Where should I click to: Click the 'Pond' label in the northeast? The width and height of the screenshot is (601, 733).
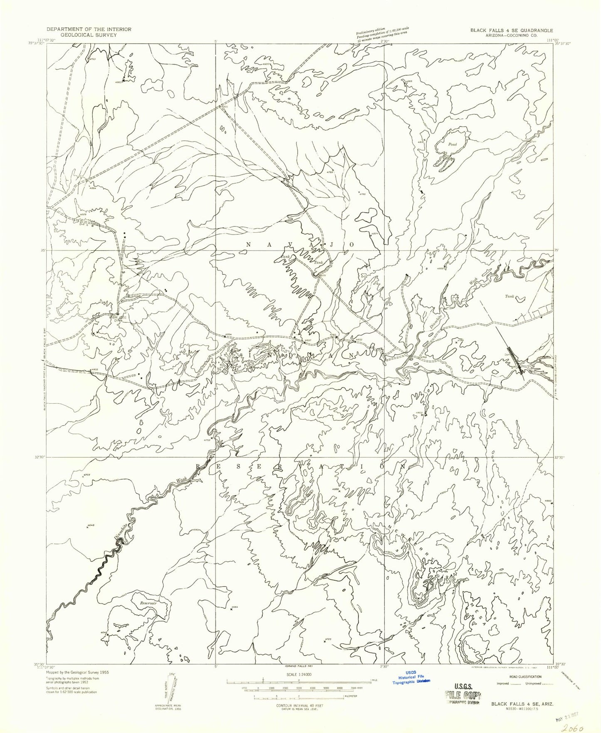point(453,144)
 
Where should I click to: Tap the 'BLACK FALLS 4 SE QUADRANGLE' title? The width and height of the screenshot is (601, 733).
point(511,30)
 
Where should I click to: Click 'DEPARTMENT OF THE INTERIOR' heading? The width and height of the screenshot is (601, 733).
point(89,29)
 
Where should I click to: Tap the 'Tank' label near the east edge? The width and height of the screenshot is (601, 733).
point(509,297)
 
